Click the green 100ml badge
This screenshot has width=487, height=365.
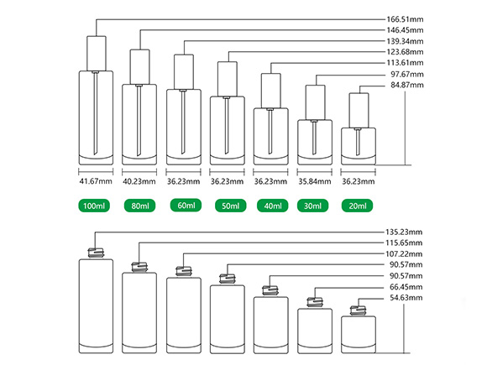click(x=94, y=206)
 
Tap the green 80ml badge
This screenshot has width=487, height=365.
click(x=139, y=206)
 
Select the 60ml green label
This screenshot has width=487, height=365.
click(x=186, y=206)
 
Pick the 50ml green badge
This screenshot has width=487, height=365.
click(x=230, y=206)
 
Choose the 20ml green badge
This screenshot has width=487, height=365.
click(x=357, y=206)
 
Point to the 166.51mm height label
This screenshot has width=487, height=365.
click(x=405, y=19)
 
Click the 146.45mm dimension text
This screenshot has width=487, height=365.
click(x=405, y=30)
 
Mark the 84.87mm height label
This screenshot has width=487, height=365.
click(x=407, y=85)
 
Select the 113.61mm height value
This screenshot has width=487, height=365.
click(x=405, y=63)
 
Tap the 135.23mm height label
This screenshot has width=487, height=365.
click(x=404, y=232)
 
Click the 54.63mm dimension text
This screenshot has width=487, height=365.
click(x=406, y=298)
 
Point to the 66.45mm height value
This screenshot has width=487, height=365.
click(x=406, y=287)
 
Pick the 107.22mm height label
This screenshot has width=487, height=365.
click(x=404, y=254)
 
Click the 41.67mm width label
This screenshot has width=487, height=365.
click(x=96, y=181)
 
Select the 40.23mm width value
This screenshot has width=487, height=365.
click(x=139, y=181)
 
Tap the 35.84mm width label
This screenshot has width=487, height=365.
click(x=315, y=181)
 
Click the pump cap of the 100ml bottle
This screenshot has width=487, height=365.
click(x=97, y=54)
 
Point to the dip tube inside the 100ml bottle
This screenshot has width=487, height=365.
click(x=96, y=113)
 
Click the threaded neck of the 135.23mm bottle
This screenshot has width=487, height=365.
click(x=96, y=253)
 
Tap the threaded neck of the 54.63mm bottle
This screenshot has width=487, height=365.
click(x=358, y=310)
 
